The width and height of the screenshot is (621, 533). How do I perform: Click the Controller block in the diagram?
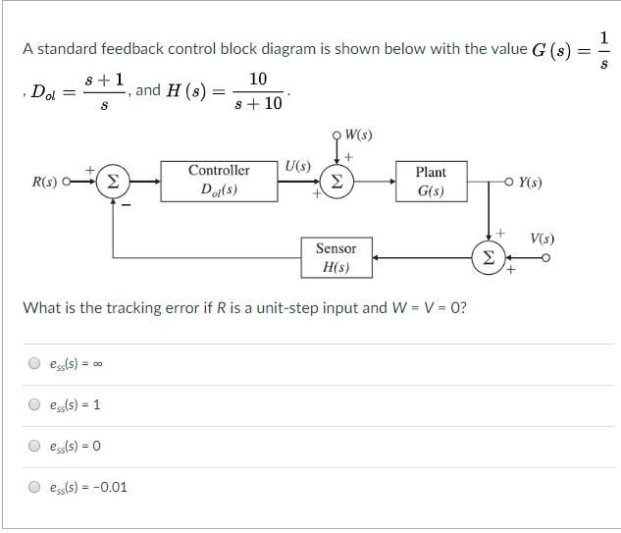click(x=219, y=181)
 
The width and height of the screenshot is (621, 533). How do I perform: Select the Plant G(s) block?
click(x=431, y=182)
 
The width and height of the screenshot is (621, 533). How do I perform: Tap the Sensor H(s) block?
click(x=336, y=258)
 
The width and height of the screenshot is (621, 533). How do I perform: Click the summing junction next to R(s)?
click(x=114, y=182)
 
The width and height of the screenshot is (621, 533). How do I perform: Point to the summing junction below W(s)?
click(x=336, y=182)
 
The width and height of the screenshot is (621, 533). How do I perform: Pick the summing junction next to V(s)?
click(x=489, y=258)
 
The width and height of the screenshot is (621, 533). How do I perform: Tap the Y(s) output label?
click(x=530, y=183)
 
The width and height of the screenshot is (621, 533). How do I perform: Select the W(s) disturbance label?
click(x=358, y=134)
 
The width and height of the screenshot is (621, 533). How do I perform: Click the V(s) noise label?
click(x=542, y=239)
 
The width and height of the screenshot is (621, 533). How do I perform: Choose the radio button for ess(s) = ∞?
click(x=34, y=364)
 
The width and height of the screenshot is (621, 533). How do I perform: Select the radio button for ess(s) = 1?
click(x=34, y=404)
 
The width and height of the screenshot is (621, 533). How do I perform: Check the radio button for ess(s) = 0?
click(x=34, y=445)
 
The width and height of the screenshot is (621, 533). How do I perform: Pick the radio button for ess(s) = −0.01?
click(x=34, y=486)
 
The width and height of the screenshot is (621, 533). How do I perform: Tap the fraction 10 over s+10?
click(x=258, y=90)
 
